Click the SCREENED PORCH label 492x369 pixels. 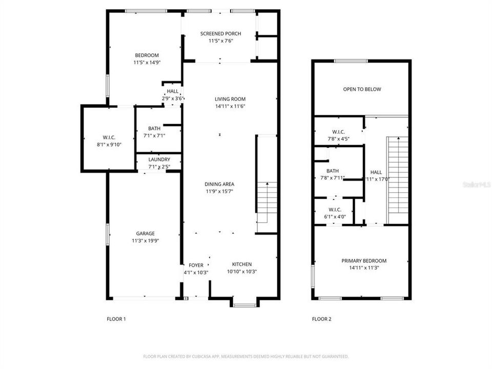tap(220, 34)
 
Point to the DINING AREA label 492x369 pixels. tap(220, 184)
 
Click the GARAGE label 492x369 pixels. tap(145, 233)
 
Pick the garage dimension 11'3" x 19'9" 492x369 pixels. tap(145, 240)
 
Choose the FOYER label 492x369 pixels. tap(196, 265)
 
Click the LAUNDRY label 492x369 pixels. tap(159, 159)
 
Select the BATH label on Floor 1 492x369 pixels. tap(154, 129)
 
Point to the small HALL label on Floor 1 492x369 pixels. tap(173, 91)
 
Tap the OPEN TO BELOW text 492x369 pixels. tap(362, 89)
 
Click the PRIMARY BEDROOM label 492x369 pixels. tap(364, 261)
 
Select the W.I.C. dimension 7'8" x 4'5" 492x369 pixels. tap(338, 139)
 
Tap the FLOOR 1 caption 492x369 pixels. tap(116, 319)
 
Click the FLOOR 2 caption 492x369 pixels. tap(321, 319)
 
